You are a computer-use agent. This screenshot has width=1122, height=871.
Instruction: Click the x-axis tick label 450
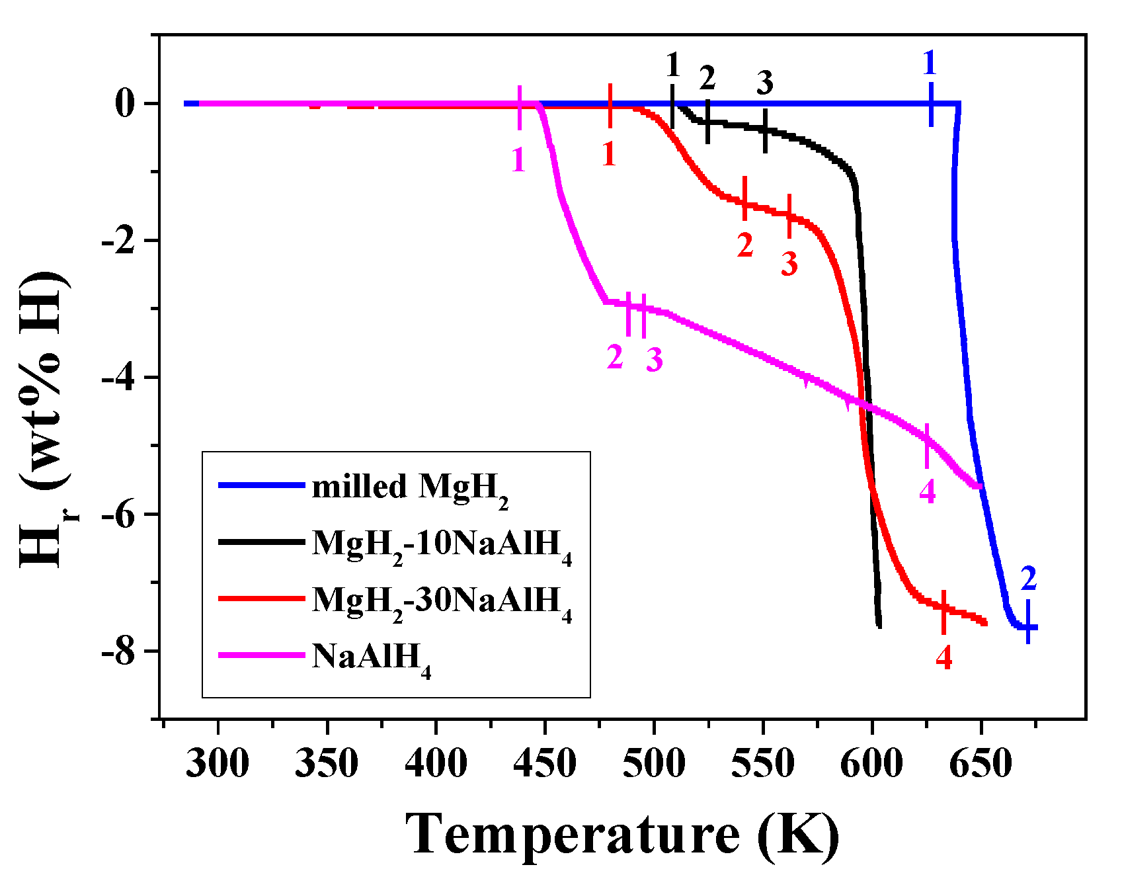coord(545,765)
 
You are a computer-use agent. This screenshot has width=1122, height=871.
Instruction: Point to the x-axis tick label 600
coord(871,765)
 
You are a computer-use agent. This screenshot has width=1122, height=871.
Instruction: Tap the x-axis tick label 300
coord(218,765)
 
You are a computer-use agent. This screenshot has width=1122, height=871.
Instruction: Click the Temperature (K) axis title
coord(621,835)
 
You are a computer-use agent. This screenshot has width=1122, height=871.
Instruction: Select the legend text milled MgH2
coord(410,488)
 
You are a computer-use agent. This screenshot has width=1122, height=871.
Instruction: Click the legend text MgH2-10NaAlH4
coord(442,546)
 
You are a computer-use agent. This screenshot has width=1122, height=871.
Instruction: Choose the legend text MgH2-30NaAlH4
coord(442,602)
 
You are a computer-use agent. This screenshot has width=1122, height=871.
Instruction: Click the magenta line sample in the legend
coord(261,655)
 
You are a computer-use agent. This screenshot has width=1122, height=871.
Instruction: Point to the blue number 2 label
coord(1028,579)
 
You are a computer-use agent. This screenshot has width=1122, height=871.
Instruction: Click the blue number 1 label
coord(930,63)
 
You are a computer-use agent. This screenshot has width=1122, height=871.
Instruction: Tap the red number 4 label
coord(944,657)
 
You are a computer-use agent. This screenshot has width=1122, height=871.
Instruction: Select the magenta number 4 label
coord(928,491)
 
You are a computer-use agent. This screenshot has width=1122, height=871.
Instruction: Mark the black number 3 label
coord(765,83)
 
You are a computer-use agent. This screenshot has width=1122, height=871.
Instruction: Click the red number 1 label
coord(609,154)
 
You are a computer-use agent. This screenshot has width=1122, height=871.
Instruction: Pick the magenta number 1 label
coord(518,160)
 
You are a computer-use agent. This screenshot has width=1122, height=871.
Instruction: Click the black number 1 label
coord(673,65)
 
